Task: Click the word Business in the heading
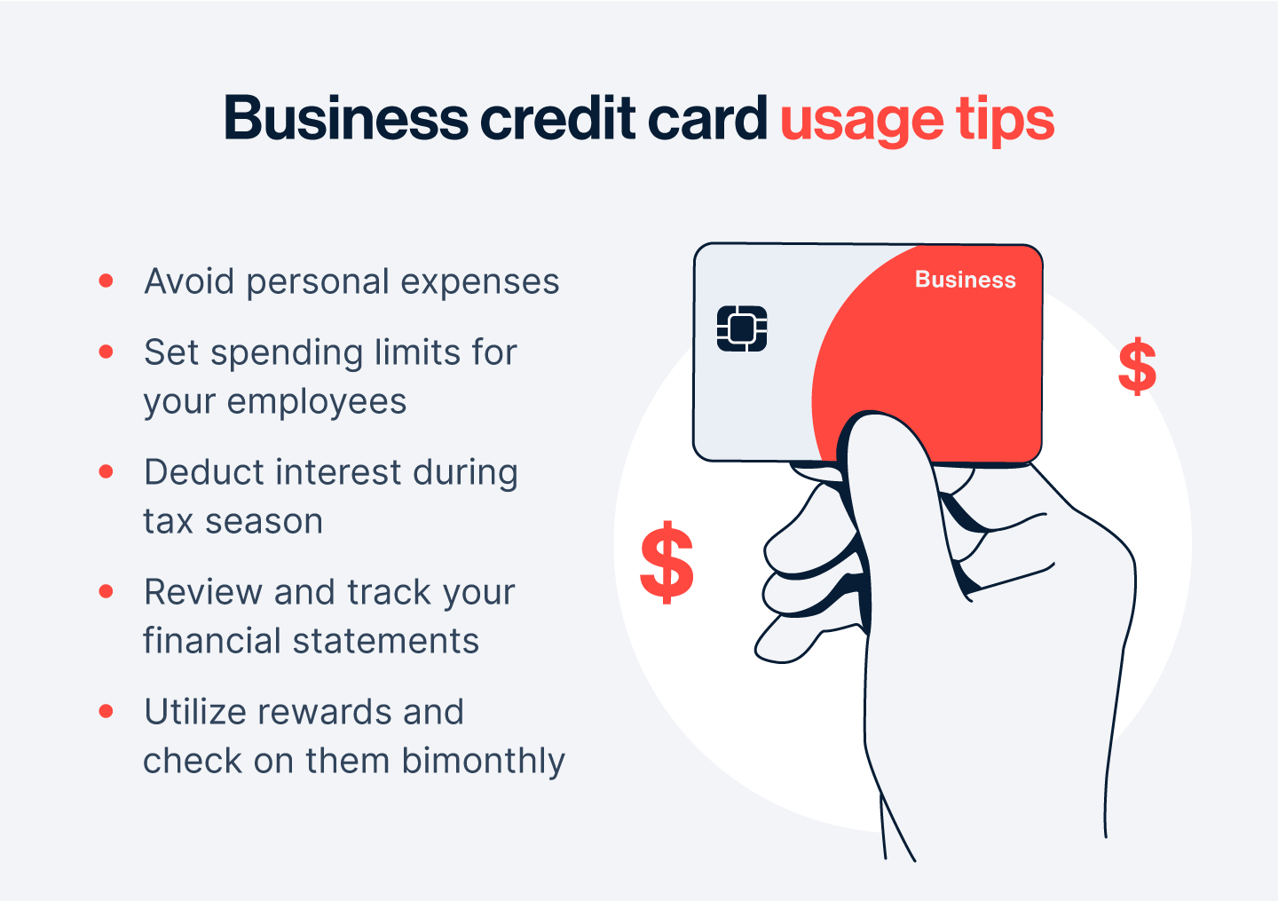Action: [x=346, y=118]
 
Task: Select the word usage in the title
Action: [x=862, y=122]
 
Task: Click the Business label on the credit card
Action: [x=966, y=280]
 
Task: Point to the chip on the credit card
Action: [x=742, y=328]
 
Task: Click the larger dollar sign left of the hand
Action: [x=667, y=562]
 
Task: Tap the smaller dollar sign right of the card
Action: [x=1137, y=367]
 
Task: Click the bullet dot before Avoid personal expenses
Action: [x=106, y=281]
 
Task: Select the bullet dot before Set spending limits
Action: [x=106, y=352]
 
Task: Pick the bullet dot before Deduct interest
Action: [x=106, y=471]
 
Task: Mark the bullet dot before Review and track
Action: [x=106, y=591]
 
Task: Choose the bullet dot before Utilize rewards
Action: [x=106, y=711]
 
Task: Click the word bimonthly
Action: [x=483, y=762]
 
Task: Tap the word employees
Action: [x=317, y=403]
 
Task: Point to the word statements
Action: [x=386, y=642]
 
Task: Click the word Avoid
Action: [x=189, y=281]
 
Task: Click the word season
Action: [x=264, y=523]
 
